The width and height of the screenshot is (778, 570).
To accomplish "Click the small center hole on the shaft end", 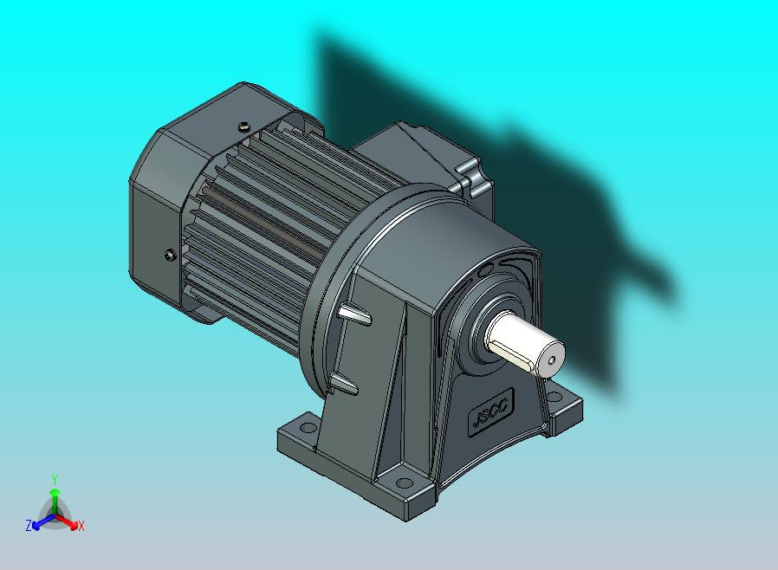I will (x=552, y=357).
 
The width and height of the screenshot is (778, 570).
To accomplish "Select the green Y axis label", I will (x=54, y=478).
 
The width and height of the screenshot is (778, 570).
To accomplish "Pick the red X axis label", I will (x=81, y=526).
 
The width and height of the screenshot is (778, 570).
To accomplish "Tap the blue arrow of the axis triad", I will (x=40, y=521).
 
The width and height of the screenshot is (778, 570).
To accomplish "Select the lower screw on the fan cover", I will (x=170, y=255).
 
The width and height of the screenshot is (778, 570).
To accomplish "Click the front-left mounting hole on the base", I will (x=305, y=426).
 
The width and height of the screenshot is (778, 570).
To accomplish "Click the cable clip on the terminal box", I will (x=473, y=178).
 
